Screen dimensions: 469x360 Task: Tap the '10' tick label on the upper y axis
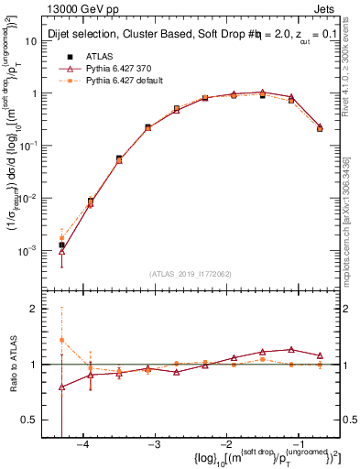(x=41, y=41)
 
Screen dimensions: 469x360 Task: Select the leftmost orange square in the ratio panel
(x=61, y=340)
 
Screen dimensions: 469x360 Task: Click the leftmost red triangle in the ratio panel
(x=61, y=387)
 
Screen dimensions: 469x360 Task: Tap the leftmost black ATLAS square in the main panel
(x=61, y=245)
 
